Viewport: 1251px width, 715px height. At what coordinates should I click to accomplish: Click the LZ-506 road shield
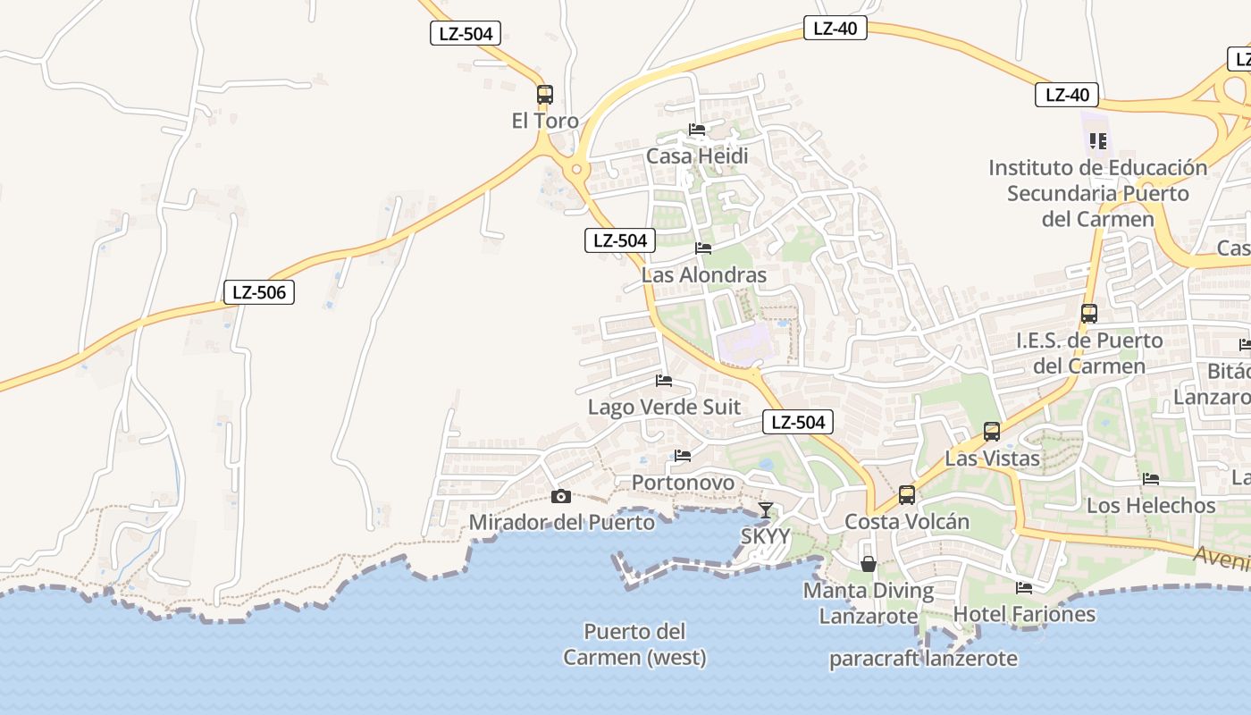pyautogui.click(x=259, y=291)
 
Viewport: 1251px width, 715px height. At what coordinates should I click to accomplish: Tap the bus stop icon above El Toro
pyautogui.click(x=544, y=94)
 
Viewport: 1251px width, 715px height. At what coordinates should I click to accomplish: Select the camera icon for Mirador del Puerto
pyautogui.click(x=561, y=497)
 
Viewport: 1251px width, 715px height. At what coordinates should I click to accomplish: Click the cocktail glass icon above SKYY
pyautogui.click(x=766, y=510)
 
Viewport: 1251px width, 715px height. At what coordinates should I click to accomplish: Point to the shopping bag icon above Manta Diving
pyautogui.click(x=868, y=564)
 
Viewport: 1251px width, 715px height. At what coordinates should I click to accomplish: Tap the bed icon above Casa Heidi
pyautogui.click(x=697, y=130)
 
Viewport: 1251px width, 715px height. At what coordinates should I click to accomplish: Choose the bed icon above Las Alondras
pyautogui.click(x=703, y=248)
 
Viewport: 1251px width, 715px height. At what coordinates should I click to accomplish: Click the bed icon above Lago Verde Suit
pyautogui.click(x=664, y=381)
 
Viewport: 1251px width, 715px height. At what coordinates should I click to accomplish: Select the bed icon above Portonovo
pyautogui.click(x=683, y=456)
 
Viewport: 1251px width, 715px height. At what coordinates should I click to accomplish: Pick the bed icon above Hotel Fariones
pyautogui.click(x=1024, y=588)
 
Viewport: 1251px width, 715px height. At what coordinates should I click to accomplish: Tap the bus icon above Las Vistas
pyautogui.click(x=992, y=432)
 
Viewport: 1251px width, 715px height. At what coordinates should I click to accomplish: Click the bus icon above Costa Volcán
pyautogui.click(x=907, y=494)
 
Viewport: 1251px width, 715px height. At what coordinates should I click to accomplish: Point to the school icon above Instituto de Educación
pyautogui.click(x=1098, y=140)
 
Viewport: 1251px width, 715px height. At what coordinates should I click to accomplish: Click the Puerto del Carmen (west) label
pyautogui.click(x=634, y=644)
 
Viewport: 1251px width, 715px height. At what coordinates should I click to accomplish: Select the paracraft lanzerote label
pyautogui.click(x=923, y=660)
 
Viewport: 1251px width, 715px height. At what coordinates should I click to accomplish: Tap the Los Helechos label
pyautogui.click(x=1151, y=506)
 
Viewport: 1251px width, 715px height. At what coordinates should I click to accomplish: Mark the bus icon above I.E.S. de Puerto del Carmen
pyautogui.click(x=1089, y=313)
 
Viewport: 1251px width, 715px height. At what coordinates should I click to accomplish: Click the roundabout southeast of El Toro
pyautogui.click(x=576, y=168)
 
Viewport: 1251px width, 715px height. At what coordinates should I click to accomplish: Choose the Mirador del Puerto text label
pyautogui.click(x=562, y=522)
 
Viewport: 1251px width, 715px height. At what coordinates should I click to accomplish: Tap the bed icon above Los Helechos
pyautogui.click(x=1151, y=480)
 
